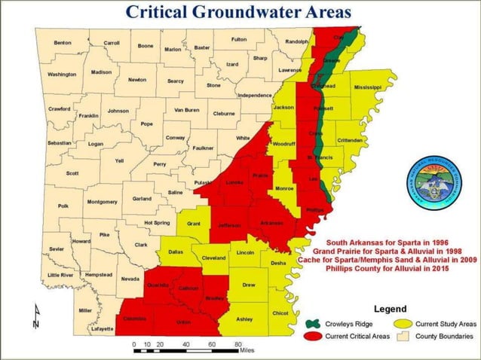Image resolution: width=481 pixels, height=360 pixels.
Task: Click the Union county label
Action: coord(183,322)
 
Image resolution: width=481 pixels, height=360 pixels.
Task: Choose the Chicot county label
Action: coord(280,312)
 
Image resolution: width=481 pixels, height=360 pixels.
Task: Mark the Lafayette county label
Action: coord(103,329)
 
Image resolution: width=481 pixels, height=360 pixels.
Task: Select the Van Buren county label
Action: coord(186,110)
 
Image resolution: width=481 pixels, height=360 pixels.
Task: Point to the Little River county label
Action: coord(60,275)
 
